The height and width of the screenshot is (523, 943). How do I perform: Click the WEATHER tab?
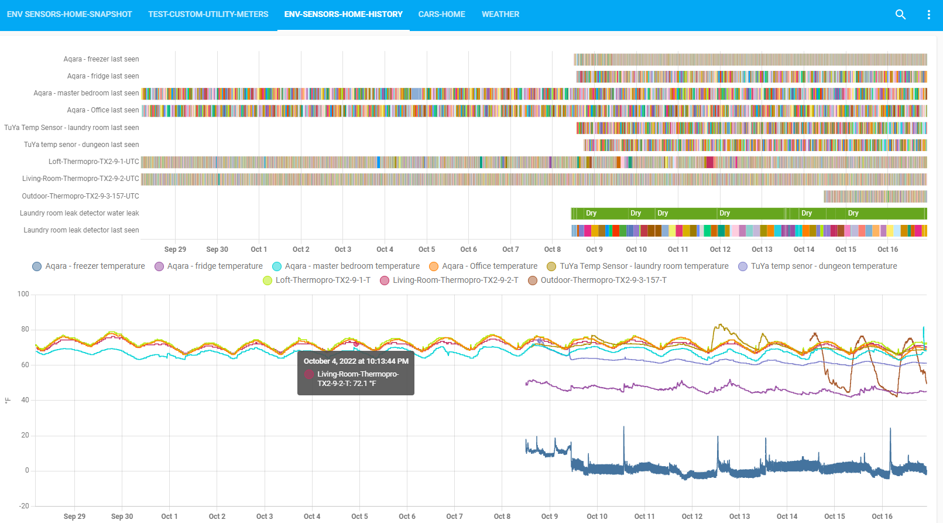click(500, 14)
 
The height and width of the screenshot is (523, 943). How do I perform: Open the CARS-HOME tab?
click(441, 14)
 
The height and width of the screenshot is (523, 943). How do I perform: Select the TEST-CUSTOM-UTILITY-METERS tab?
click(208, 14)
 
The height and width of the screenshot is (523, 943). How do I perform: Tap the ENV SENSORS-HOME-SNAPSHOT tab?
click(69, 14)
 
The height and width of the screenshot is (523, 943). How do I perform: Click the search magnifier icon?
click(900, 15)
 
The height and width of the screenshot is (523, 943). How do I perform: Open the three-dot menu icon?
click(928, 15)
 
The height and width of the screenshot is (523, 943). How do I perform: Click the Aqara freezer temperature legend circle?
click(37, 266)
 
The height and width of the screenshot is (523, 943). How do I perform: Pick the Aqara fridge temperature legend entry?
click(208, 266)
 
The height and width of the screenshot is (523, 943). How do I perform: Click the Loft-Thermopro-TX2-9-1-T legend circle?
click(268, 281)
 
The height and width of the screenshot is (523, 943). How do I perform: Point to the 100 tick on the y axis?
click(23, 294)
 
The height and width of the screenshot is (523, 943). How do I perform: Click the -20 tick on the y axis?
click(23, 506)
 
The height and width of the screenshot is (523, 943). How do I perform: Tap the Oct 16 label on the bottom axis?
click(882, 517)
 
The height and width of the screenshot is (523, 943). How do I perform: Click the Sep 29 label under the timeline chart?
click(175, 249)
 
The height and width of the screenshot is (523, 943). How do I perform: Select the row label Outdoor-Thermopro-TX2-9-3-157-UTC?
click(80, 196)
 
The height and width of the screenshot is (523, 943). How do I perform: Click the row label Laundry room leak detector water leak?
click(79, 213)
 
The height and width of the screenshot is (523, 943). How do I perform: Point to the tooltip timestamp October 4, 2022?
click(356, 361)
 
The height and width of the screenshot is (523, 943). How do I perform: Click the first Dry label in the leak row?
click(591, 213)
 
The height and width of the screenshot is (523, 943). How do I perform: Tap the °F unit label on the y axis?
click(8, 401)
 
